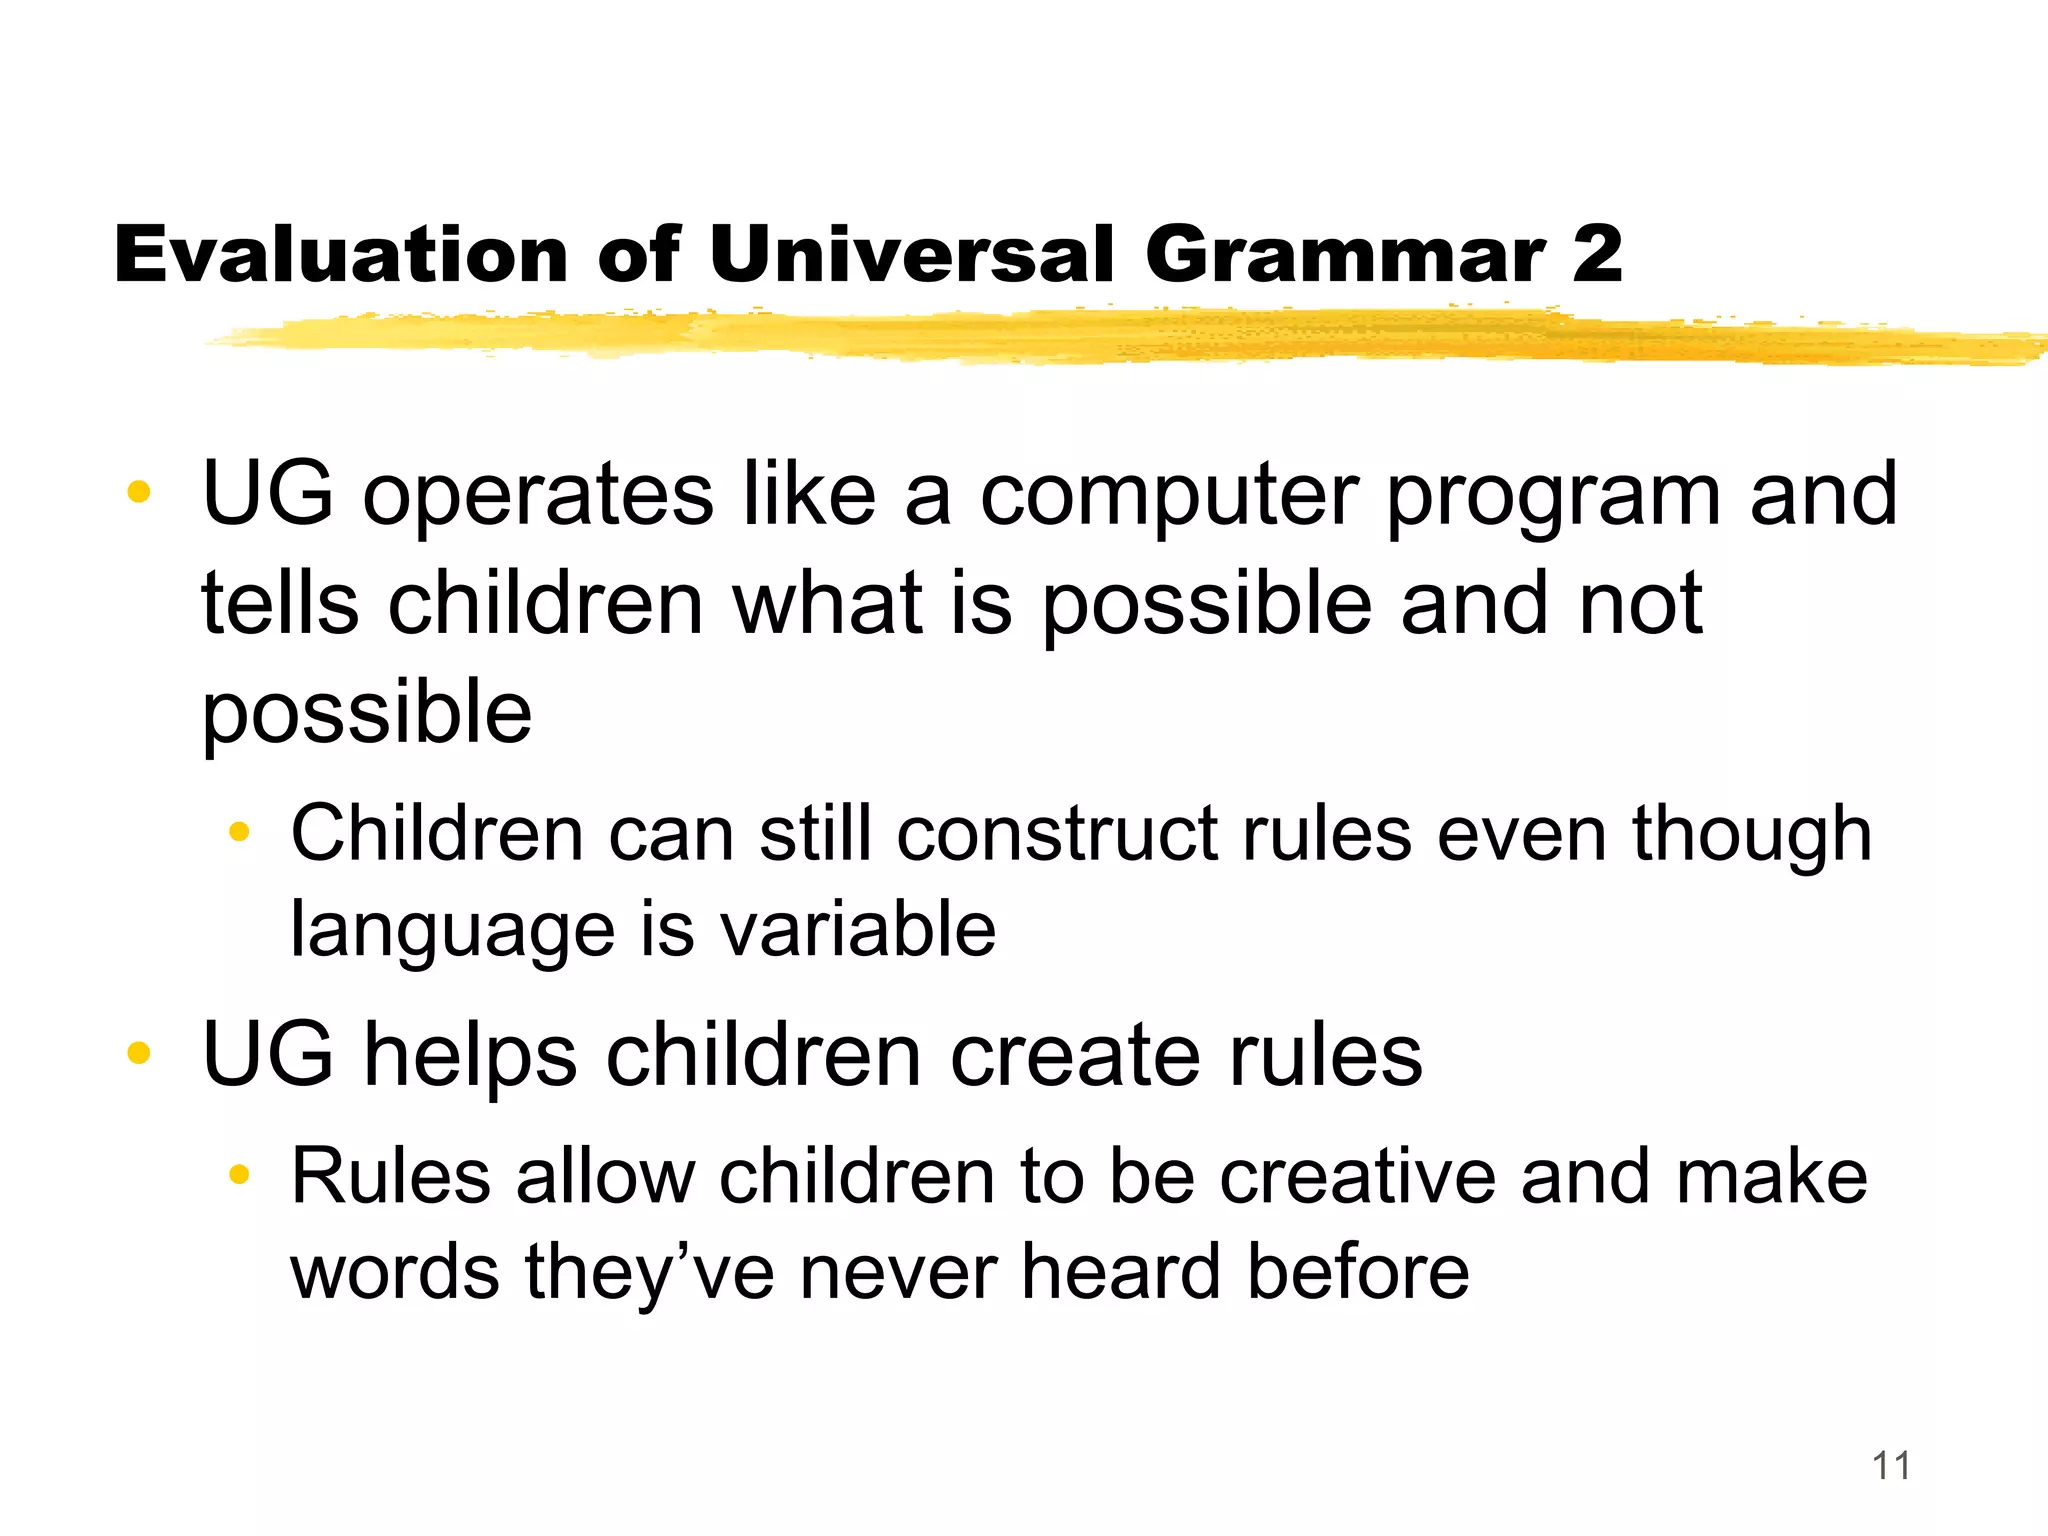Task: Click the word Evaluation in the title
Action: coord(341,255)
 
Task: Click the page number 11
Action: coord(1890,1466)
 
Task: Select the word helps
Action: coord(470,1057)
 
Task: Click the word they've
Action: coord(650,1274)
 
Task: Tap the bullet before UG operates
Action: coord(139,492)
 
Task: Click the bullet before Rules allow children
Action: coord(238,1174)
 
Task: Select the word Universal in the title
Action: coord(911,255)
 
